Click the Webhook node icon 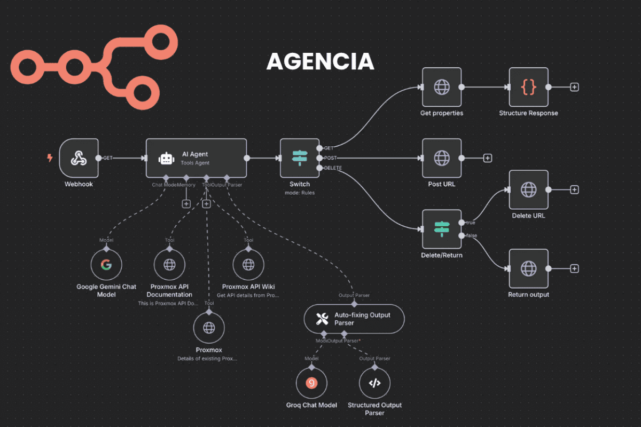coord(79,158)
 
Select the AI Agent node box coord(196,158)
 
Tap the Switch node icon coord(300,158)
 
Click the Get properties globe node coord(442,87)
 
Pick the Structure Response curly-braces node coord(529,87)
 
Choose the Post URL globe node coord(442,158)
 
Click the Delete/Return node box coord(442,229)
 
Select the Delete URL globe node coord(529,189)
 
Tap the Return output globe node coord(529,268)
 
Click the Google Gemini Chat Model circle coord(106,265)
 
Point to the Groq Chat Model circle coord(311,383)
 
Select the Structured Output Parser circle coord(374,383)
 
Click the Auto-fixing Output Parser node coord(354,319)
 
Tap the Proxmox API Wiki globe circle coord(248,265)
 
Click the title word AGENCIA coord(320,62)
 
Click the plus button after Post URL coord(487,158)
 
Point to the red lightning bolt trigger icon coord(50,158)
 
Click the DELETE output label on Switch coord(333,168)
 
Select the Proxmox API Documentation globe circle coord(169,265)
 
